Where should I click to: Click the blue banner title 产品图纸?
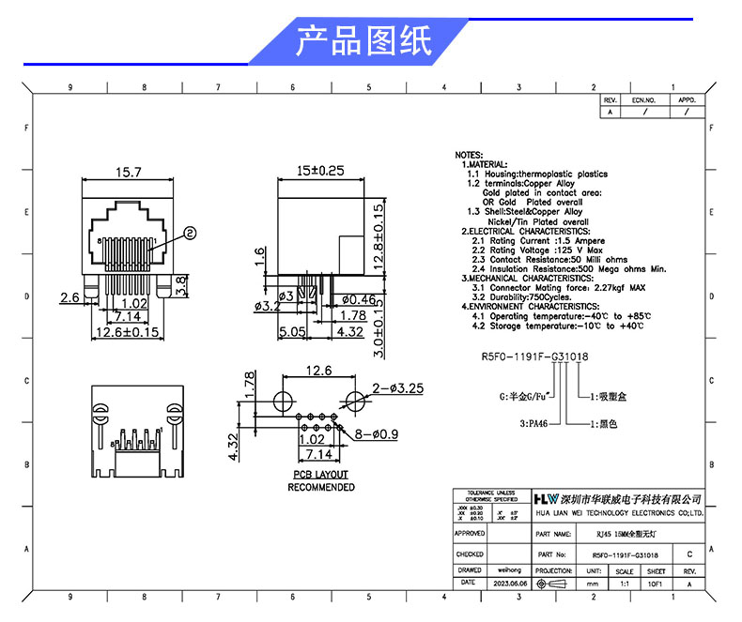point(363,41)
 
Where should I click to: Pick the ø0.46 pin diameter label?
point(358,299)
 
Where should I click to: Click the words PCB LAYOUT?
point(320,475)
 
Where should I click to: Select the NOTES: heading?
point(469,155)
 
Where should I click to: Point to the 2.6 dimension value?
point(69,297)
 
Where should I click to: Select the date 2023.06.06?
point(508,583)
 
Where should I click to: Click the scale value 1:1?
point(625,583)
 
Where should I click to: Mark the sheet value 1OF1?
point(657,583)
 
